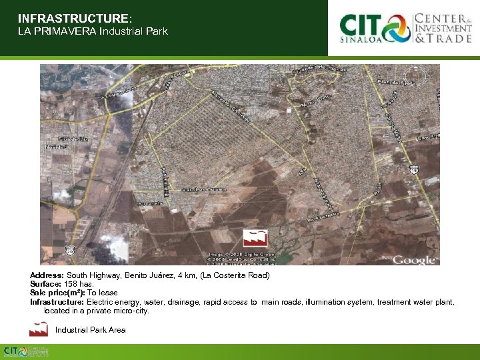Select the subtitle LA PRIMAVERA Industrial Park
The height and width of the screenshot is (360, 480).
click(93, 31)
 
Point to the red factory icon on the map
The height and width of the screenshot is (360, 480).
click(255, 237)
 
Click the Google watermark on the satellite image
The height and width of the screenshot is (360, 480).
click(414, 259)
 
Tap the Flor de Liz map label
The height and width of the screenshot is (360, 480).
click(75, 139)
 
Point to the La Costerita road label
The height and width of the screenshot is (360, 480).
click(325, 215)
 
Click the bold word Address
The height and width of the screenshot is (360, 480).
click(47, 275)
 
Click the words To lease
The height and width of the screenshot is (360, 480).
click(103, 293)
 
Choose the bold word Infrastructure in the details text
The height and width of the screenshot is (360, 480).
click(57, 302)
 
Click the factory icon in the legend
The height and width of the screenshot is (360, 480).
click(39, 329)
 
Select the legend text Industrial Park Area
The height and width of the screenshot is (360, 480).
click(90, 330)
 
